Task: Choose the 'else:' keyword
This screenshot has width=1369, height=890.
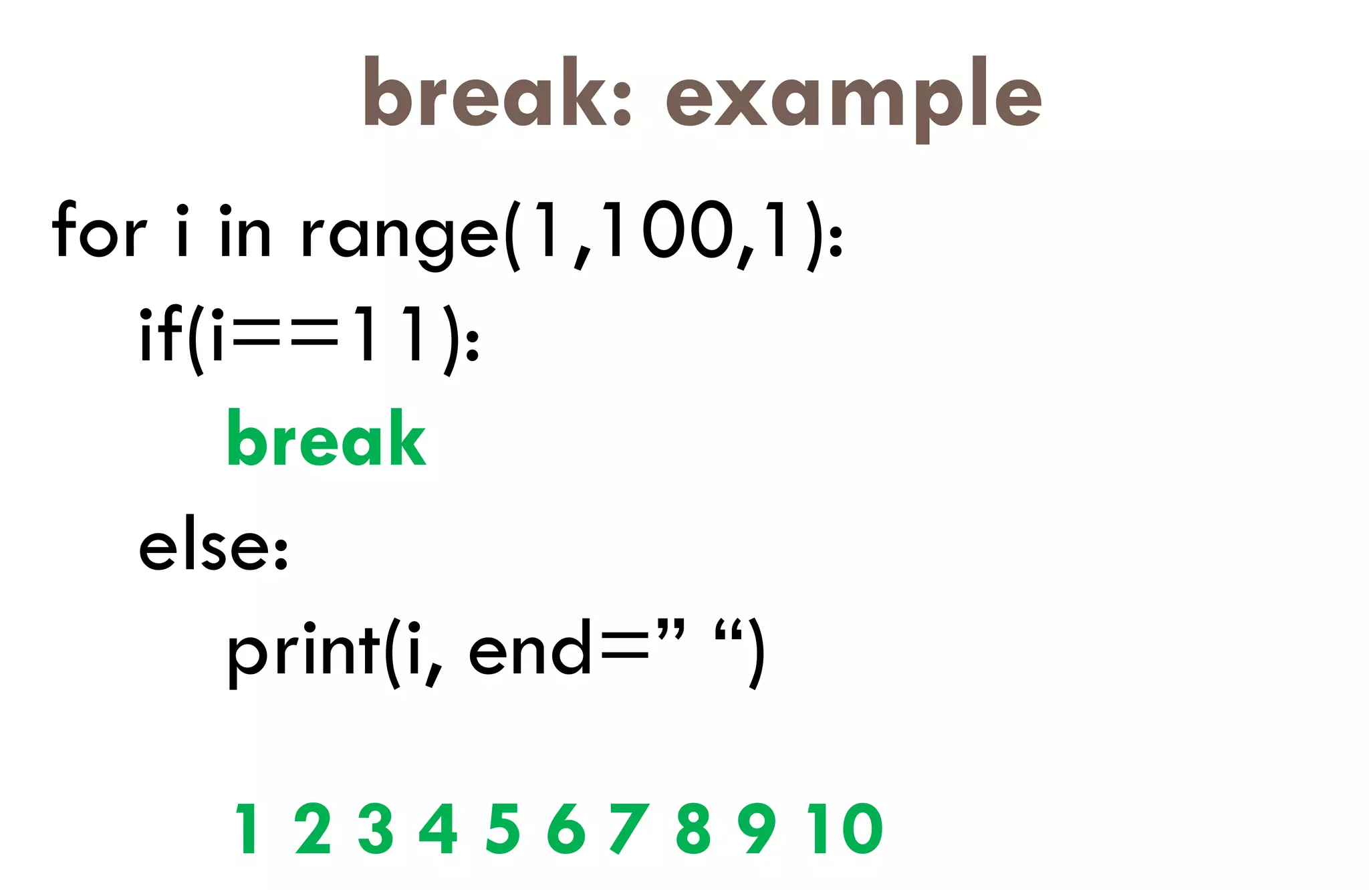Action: click(x=213, y=545)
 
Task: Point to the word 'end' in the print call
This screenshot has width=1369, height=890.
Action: click(x=529, y=649)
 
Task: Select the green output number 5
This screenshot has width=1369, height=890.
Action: click(x=503, y=828)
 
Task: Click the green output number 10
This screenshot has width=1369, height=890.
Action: click(x=845, y=828)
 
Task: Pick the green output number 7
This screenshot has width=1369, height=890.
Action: click(x=628, y=828)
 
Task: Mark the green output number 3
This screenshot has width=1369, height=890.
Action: click(x=375, y=828)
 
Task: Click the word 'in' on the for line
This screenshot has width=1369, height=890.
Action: click(x=245, y=230)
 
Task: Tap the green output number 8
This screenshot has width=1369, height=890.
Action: click(x=693, y=828)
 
